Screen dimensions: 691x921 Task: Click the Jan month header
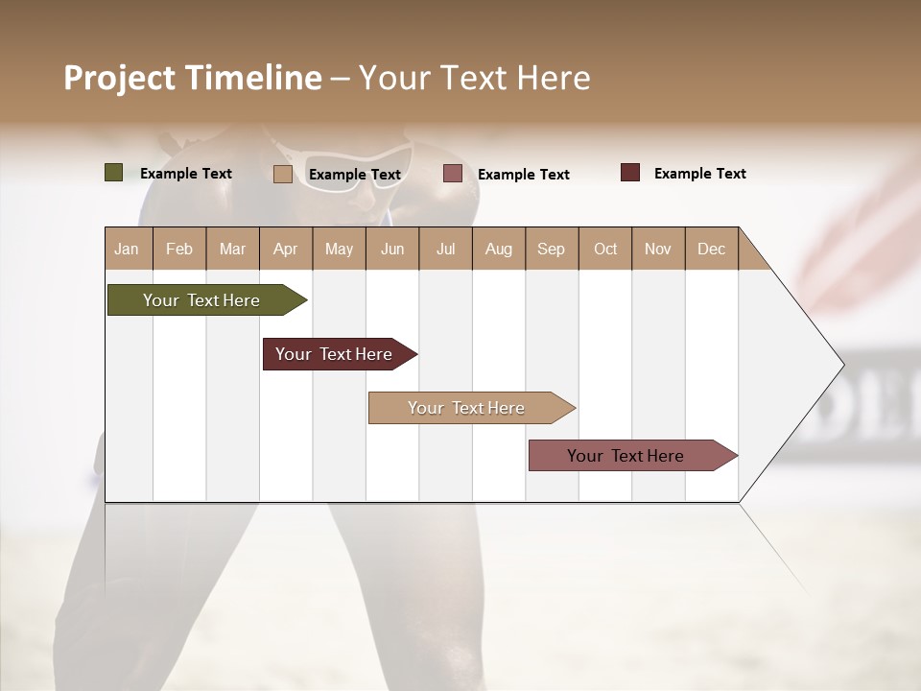click(x=127, y=249)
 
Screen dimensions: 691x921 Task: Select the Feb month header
click(x=179, y=249)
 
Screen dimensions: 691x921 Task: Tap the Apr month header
click(x=285, y=249)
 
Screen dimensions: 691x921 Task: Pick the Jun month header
click(x=392, y=249)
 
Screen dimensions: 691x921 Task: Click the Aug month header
click(x=498, y=249)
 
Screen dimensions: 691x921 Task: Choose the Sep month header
click(x=551, y=249)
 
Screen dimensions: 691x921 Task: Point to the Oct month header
click(x=605, y=249)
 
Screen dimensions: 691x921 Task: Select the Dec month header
click(x=711, y=249)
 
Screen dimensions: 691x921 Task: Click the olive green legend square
click(x=113, y=173)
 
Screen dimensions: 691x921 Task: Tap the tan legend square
click(x=283, y=174)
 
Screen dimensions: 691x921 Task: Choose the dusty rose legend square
click(x=453, y=174)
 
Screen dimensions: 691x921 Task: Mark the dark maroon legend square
click(x=630, y=173)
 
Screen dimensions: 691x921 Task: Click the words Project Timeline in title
click(x=193, y=78)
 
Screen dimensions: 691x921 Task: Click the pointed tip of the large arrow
click(x=841, y=365)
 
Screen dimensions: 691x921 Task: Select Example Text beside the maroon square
click(x=699, y=174)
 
